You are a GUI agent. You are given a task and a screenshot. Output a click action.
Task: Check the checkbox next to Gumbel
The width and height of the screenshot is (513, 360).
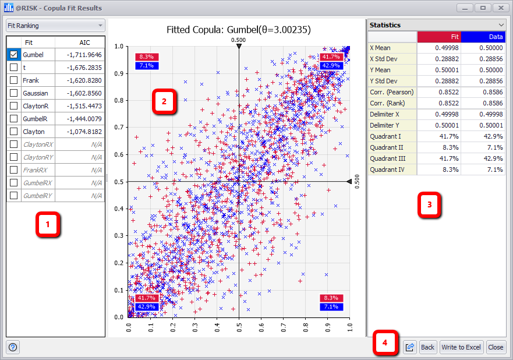click(x=14, y=55)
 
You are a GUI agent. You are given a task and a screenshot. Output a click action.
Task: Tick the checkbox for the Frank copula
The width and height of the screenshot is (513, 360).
click(x=14, y=80)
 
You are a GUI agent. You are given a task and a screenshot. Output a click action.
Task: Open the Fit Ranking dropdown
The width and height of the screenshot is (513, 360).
click(x=55, y=26)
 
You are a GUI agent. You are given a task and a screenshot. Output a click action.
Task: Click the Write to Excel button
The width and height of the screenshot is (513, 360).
click(x=461, y=347)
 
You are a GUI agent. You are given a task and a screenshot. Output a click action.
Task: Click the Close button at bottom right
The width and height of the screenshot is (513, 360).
click(x=496, y=347)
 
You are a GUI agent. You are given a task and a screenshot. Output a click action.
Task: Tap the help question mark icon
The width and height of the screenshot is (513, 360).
click(x=13, y=347)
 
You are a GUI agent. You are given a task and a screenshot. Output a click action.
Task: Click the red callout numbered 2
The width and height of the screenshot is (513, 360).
click(x=164, y=101)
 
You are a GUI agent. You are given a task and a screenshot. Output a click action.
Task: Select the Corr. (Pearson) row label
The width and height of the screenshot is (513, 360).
click(x=392, y=92)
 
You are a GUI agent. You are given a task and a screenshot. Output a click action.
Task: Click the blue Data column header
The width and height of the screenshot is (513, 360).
click(x=483, y=37)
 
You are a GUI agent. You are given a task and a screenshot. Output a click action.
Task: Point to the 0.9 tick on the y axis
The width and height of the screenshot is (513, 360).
click(x=120, y=73)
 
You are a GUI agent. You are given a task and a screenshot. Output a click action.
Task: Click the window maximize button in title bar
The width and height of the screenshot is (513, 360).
click(x=482, y=8)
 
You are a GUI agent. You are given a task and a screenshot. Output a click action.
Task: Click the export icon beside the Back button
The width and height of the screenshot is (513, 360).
click(x=409, y=347)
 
